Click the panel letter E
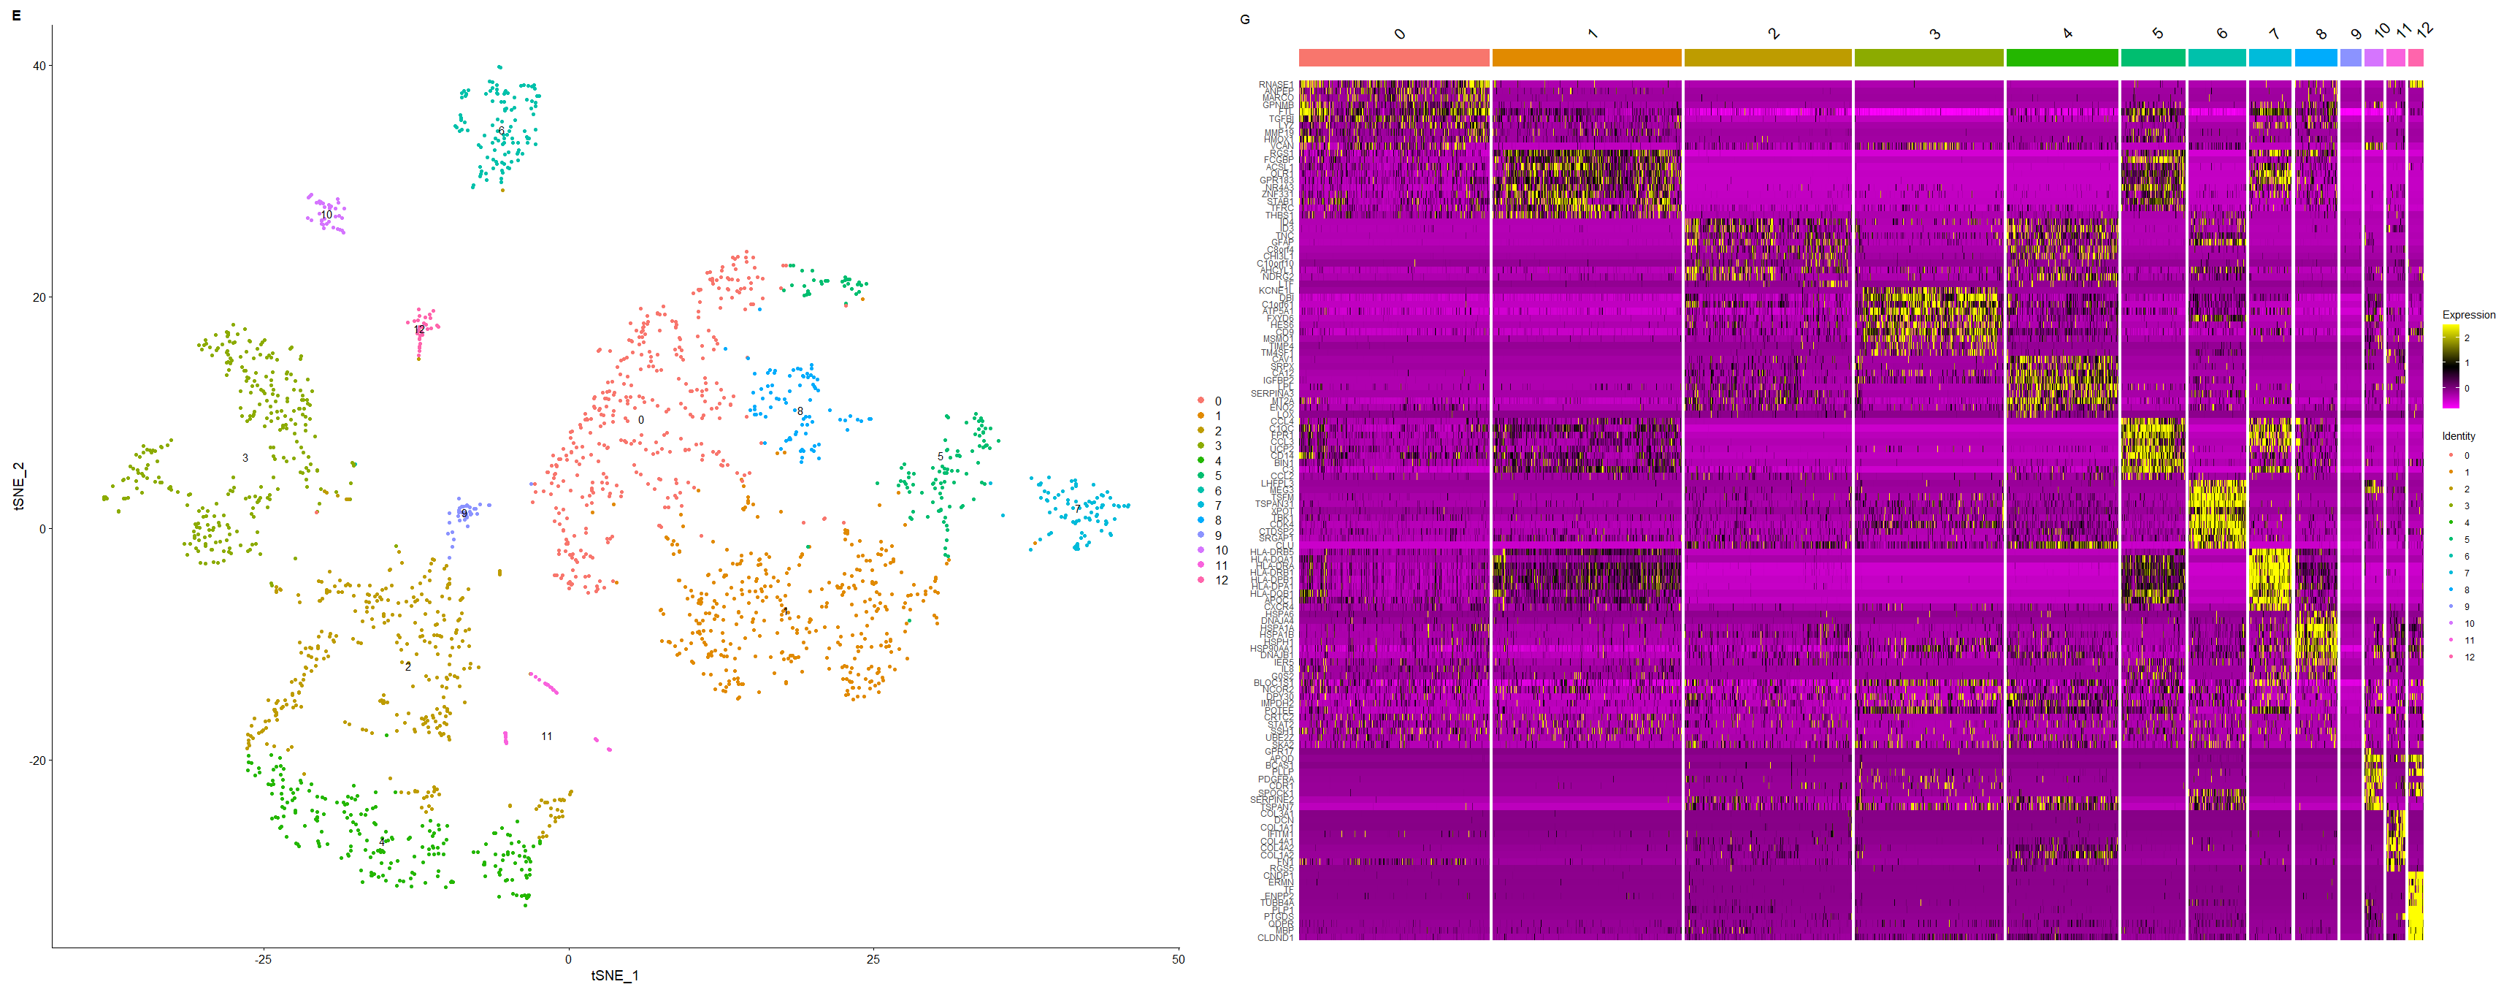(15, 15)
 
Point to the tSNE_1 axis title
(614, 975)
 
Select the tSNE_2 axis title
(18, 485)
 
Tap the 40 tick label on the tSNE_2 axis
(39, 65)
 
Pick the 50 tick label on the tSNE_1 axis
(1178, 959)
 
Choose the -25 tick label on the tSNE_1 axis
(262, 959)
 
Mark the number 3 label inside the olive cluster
(245, 457)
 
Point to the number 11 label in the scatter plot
(547, 736)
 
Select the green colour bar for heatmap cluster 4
(2061, 58)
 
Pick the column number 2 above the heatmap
(1774, 34)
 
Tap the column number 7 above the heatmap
(2273, 34)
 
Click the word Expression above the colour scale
(2468, 315)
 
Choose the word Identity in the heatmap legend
(2459, 436)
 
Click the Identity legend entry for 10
(2469, 623)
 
